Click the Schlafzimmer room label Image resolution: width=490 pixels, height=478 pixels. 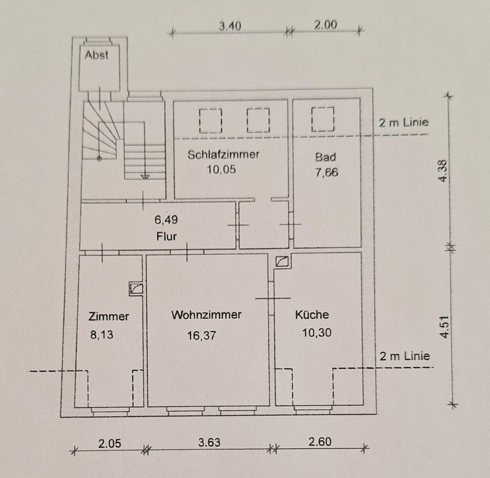coord(223,155)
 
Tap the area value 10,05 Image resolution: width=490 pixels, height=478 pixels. coord(221,169)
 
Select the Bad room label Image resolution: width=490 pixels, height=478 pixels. coord(325,157)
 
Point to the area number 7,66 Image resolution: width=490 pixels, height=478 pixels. coord(326,172)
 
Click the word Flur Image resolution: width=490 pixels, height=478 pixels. coord(166,236)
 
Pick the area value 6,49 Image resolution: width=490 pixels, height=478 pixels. coord(166,220)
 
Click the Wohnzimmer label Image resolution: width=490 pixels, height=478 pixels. coord(206,315)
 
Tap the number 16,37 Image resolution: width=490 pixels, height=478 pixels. coord(201,336)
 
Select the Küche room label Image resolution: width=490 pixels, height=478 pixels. coord(312,314)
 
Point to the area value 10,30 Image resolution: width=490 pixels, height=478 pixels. coord(316,332)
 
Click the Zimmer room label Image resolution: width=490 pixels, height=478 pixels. coord(109,317)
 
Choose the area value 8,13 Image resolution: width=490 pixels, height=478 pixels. coord(101,335)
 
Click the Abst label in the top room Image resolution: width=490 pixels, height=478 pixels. coord(97,55)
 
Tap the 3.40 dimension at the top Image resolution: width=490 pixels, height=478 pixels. coord(230,26)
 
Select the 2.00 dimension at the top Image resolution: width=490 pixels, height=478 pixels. coord(325,25)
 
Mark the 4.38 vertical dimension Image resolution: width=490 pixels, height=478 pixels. coord(442,171)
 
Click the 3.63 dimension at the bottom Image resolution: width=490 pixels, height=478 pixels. coord(209,442)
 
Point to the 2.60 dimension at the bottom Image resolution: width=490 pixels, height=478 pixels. coord(320,442)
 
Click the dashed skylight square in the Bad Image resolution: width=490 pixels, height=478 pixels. coord(323,119)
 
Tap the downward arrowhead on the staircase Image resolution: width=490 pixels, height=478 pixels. coord(145,177)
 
